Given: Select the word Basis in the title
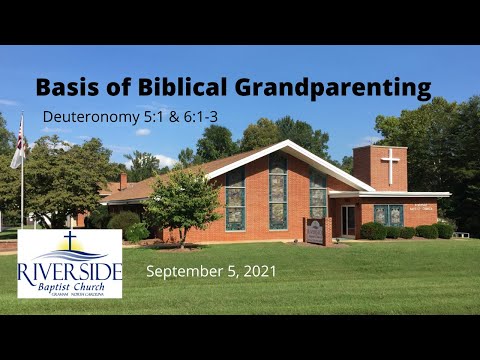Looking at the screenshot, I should tap(67, 87).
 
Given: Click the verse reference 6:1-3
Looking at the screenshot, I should tap(207, 116).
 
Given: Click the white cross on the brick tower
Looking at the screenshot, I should tap(390, 165).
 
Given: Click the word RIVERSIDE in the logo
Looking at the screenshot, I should tap(70, 272).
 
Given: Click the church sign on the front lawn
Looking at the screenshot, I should tap(316, 232).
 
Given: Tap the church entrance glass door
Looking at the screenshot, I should tap(348, 219).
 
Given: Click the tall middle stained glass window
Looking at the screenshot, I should tap(277, 192).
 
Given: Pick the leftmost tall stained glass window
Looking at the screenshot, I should tap(235, 197).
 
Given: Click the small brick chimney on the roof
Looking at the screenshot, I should tap(123, 181).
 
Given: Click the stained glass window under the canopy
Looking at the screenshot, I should tap(388, 215).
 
